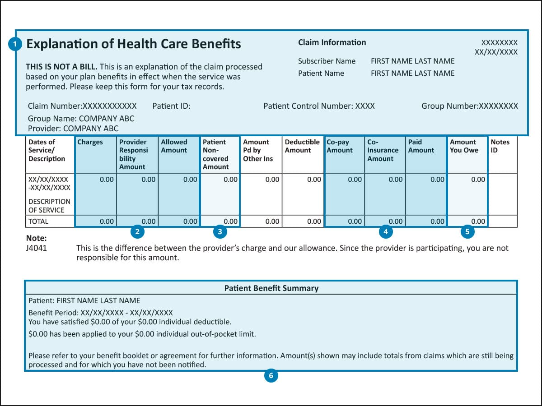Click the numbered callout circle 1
[x=15, y=44]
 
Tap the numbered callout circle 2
[x=137, y=232]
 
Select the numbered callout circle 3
[x=220, y=232]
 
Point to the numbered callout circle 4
[x=385, y=232]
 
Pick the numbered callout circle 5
[x=467, y=232]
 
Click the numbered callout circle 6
[x=271, y=375]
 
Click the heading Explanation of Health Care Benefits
[x=134, y=44]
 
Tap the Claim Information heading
[x=332, y=42]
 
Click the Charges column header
[x=90, y=142]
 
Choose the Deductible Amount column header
[x=302, y=146]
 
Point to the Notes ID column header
[x=500, y=146]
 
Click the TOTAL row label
[x=38, y=221]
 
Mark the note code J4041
[x=37, y=248]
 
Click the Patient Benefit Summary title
[x=271, y=288]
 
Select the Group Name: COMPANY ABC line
[x=81, y=119]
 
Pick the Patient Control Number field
[x=319, y=106]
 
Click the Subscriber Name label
[x=327, y=61]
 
